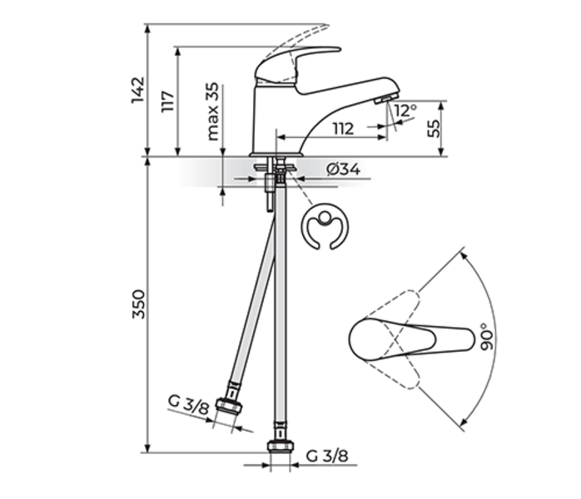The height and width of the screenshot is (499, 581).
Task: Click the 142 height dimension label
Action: point(138,91)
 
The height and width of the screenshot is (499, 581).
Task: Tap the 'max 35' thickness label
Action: point(213,111)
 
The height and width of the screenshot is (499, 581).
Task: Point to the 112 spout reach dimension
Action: point(342,128)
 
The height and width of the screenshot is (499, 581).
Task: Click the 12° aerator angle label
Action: point(405,111)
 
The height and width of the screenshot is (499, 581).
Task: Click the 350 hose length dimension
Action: point(138,305)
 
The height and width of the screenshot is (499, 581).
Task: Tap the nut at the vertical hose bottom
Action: point(280,446)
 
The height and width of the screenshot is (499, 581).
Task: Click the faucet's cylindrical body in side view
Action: point(275,116)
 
